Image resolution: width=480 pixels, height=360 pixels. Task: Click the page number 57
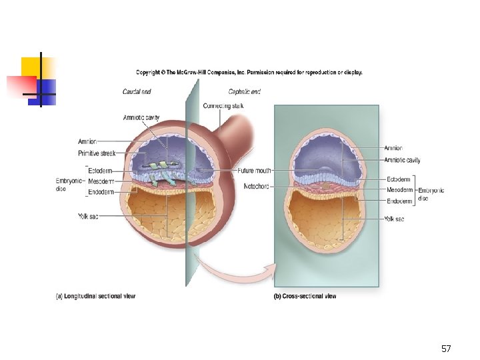(x=446, y=349)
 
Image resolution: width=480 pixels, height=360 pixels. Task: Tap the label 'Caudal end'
(x=136, y=91)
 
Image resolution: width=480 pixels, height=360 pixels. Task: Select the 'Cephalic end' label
(x=244, y=91)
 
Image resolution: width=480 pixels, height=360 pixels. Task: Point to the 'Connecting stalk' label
(x=223, y=105)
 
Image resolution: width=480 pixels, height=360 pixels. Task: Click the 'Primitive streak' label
(x=97, y=153)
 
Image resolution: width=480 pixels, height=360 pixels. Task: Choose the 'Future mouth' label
(x=254, y=171)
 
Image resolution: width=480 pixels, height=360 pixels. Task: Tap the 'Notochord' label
(x=257, y=186)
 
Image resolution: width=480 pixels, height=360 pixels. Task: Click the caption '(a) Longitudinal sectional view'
(x=95, y=296)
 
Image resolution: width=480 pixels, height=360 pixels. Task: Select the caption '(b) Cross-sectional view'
(x=305, y=296)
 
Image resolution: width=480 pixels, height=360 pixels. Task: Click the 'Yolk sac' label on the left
(x=88, y=216)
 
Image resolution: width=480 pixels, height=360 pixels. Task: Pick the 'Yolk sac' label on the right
(x=394, y=219)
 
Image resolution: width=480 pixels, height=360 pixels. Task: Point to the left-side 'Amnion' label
(x=87, y=141)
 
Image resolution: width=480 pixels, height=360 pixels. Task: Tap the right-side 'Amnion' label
(x=393, y=148)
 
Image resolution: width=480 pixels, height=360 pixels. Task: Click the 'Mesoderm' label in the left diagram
(x=101, y=181)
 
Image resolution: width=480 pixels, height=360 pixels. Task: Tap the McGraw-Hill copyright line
(x=249, y=73)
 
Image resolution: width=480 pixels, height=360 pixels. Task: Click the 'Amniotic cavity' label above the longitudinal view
(x=142, y=118)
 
